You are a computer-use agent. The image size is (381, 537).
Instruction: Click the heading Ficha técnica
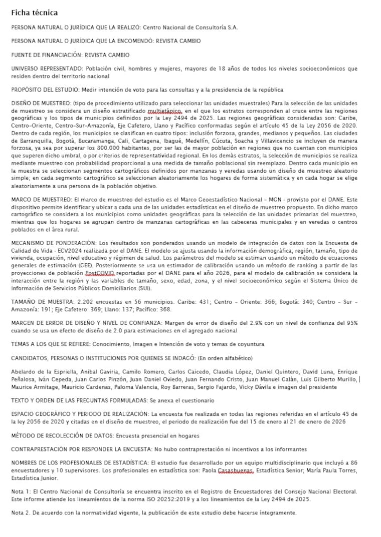pyautogui.click(x=34, y=13)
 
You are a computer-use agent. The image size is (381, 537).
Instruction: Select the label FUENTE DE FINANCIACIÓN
pyautogui.click(x=49, y=55)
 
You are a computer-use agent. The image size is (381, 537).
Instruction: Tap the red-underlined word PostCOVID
pyautogui.click(x=100, y=273)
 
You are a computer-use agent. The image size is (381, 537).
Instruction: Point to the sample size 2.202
pyautogui.click(x=87, y=302)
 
